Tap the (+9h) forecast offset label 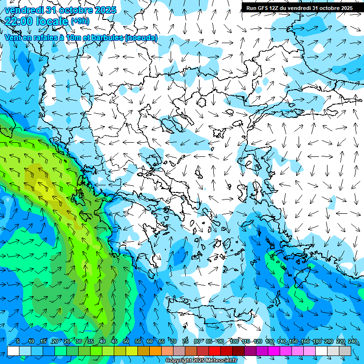(80, 21)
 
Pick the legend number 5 (18, 341)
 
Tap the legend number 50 (126, 341)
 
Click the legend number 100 (234, 341)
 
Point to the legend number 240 (353, 341)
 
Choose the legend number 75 (185, 341)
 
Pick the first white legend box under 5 (13, 351)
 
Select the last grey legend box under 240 (346, 351)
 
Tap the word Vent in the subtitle (13, 37)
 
